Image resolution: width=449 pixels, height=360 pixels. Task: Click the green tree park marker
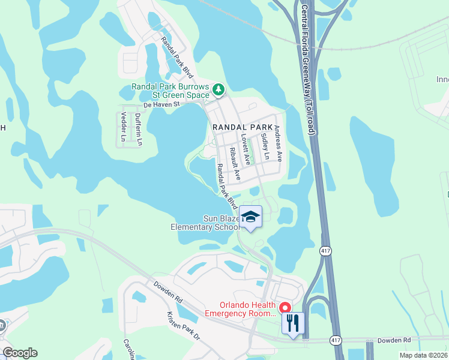point(218,90)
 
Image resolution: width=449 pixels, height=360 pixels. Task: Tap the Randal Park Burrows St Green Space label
point(170,91)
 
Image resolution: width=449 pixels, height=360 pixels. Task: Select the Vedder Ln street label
point(124,127)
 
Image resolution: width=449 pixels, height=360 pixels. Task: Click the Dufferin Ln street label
point(138,129)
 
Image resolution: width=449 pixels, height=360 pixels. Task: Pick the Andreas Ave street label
point(278,143)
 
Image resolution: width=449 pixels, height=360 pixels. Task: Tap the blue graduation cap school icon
point(251,217)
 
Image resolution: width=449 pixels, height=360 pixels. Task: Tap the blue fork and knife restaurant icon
point(293,324)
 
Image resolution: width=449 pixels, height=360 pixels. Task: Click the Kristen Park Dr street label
point(183,326)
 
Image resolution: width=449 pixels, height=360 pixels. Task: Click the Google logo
point(20,353)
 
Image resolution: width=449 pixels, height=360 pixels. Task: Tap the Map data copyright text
point(423,355)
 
